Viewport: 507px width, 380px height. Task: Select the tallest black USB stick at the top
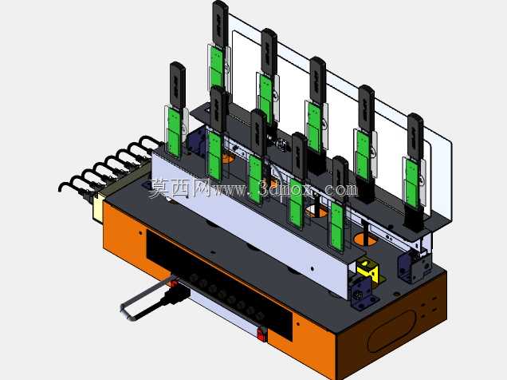(x=220, y=24)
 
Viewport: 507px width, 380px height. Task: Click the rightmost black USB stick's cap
(x=415, y=136)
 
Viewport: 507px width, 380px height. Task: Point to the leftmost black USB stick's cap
(x=177, y=85)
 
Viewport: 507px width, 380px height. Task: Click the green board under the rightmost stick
(x=412, y=184)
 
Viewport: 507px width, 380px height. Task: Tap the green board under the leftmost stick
(x=174, y=132)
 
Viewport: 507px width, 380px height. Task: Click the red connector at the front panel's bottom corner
(x=262, y=334)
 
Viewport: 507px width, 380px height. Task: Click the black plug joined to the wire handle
(x=176, y=295)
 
